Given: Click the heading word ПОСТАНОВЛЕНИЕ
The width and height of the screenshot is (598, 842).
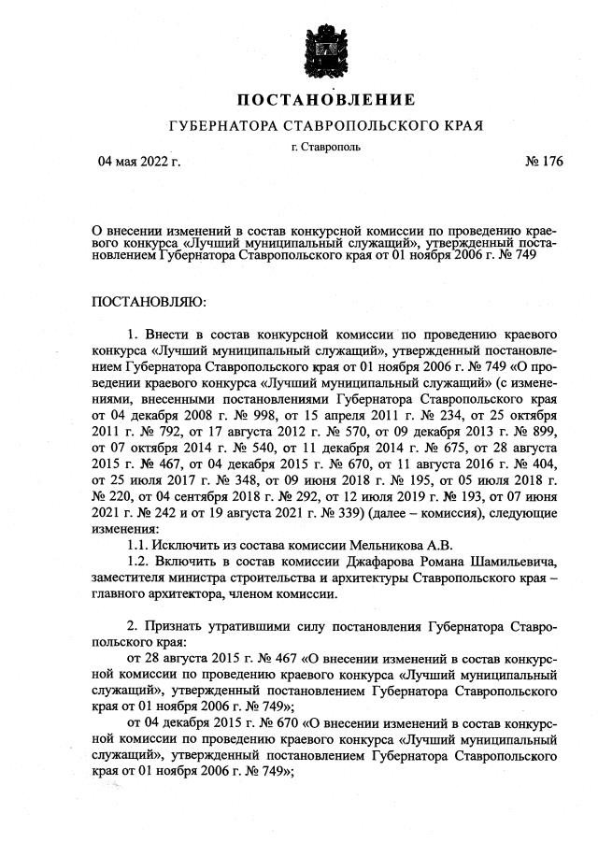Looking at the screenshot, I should tap(324, 100).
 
